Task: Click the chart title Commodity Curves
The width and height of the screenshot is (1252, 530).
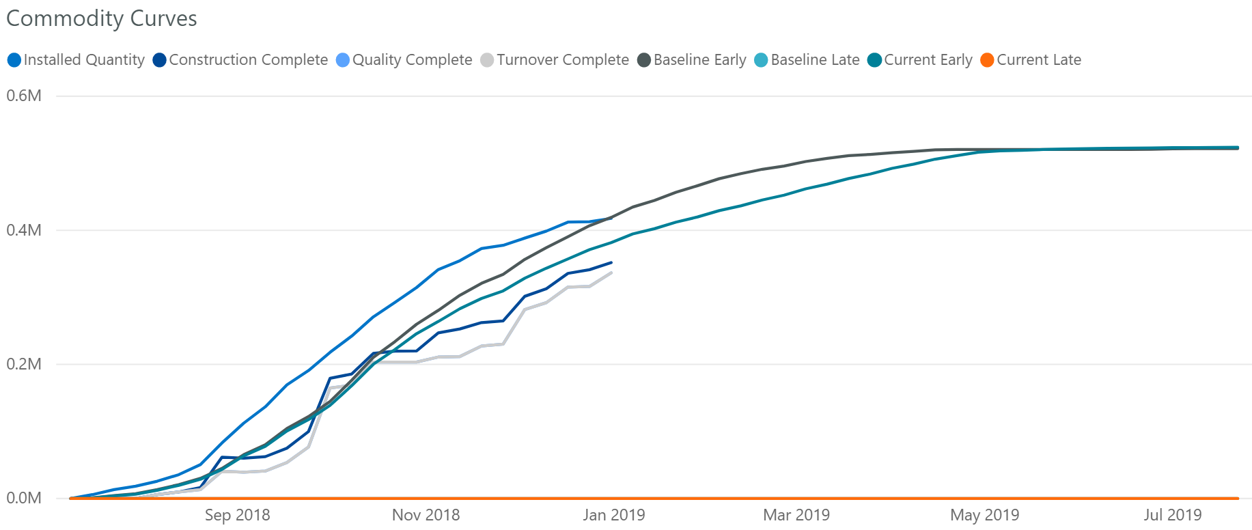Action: click(101, 18)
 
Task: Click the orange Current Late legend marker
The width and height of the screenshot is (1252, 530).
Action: click(987, 60)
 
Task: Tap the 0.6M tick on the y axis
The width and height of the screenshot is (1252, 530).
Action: click(24, 96)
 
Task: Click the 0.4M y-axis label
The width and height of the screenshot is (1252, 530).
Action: click(24, 230)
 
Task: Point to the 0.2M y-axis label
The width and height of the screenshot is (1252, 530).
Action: click(24, 364)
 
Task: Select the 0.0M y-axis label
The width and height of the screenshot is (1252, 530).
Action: click(24, 498)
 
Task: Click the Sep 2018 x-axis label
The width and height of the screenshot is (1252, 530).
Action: click(237, 515)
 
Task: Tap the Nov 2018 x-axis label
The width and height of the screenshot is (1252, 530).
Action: click(426, 515)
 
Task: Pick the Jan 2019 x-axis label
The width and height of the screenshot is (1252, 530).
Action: click(613, 515)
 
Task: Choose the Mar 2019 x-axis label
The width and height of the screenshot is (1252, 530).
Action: click(796, 515)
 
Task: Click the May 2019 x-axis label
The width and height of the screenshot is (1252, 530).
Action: click(984, 515)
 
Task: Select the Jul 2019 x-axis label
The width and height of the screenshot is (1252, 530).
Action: click(1172, 515)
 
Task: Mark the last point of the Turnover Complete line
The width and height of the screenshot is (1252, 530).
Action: click(611, 273)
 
